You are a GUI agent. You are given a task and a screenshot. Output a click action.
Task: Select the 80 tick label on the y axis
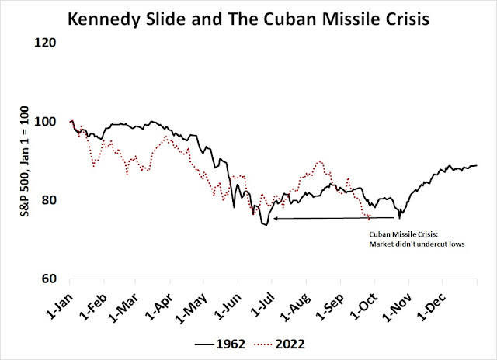(x=53, y=200)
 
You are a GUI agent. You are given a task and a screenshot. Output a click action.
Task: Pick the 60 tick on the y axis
(x=53, y=279)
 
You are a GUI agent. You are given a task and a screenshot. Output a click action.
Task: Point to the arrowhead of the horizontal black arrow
(x=274, y=219)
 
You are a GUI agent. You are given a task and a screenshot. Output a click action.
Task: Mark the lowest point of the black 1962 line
(x=265, y=225)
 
